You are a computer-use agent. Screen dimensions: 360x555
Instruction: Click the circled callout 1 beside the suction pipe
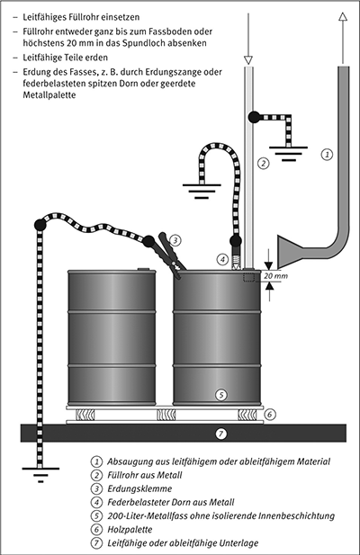[x=327, y=155]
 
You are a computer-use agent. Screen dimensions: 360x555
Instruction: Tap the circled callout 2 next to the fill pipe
[x=263, y=164]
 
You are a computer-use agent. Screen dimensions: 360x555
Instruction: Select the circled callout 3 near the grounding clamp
[x=175, y=241]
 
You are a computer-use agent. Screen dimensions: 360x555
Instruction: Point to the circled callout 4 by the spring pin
[x=222, y=259]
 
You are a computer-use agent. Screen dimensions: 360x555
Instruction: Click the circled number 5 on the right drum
[x=220, y=395]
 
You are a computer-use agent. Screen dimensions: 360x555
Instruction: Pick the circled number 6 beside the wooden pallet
[x=270, y=414]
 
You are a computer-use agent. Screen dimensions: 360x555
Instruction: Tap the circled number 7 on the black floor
[x=220, y=434]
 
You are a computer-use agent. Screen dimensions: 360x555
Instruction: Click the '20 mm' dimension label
[x=276, y=276]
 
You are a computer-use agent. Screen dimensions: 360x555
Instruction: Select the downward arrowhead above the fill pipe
[x=248, y=60]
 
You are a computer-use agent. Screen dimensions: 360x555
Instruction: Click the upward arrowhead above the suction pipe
[x=342, y=16]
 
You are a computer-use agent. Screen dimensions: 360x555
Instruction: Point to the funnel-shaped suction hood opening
[x=290, y=251]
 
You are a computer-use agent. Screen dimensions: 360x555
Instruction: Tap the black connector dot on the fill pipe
[x=254, y=117]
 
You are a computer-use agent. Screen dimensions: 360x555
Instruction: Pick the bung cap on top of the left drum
[x=144, y=269]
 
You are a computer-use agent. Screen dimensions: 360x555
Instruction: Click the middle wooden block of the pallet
[x=166, y=415]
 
